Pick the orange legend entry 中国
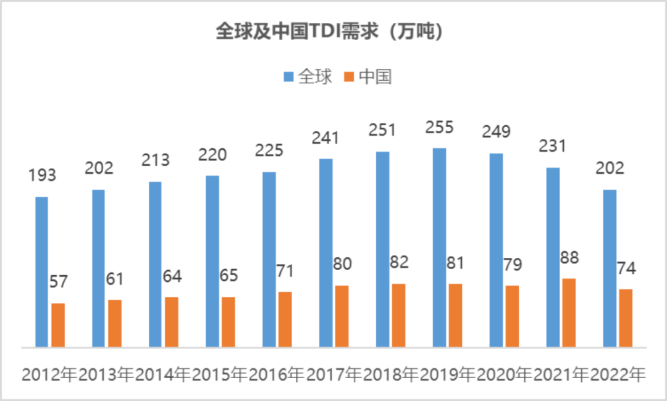click(x=368, y=77)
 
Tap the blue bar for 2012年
click(x=41, y=271)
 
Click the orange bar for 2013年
click(x=115, y=323)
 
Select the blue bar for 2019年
click(x=439, y=247)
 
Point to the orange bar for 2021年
click(x=569, y=313)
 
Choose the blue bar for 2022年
click(x=610, y=268)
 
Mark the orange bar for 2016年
click(x=285, y=319)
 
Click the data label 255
click(x=439, y=128)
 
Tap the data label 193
click(x=42, y=176)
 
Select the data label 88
click(x=569, y=258)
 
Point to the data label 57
click(x=58, y=283)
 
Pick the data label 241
click(x=326, y=138)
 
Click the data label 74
click(x=626, y=269)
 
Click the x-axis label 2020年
click(x=504, y=374)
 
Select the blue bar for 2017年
click(x=326, y=253)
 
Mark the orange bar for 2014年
click(x=172, y=322)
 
